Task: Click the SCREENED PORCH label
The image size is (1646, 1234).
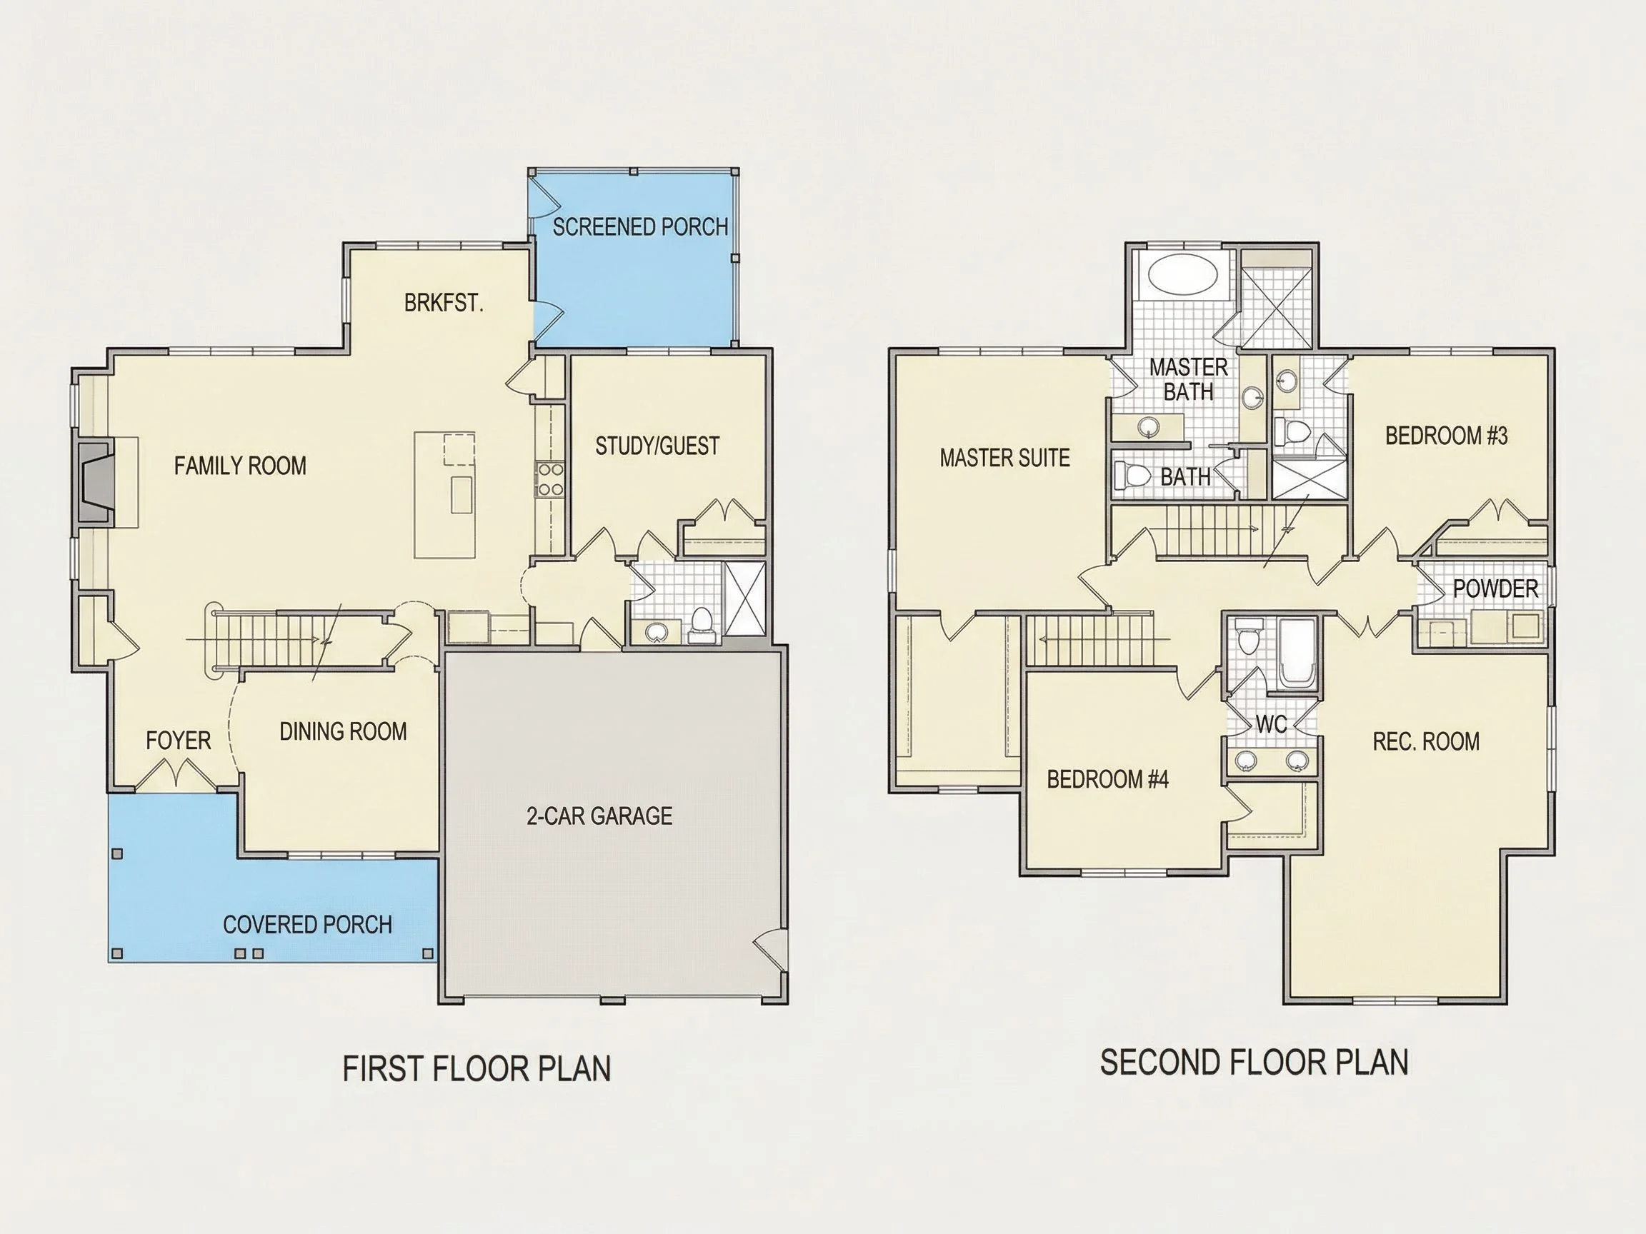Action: (x=640, y=227)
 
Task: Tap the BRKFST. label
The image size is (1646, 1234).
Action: (x=444, y=303)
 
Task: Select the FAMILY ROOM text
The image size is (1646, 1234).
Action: (x=240, y=466)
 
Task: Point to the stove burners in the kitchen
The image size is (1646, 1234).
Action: (x=550, y=479)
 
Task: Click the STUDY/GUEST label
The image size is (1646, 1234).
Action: (x=657, y=446)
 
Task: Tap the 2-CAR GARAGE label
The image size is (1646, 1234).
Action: (x=600, y=816)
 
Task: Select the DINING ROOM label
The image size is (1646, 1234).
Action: (x=343, y=731)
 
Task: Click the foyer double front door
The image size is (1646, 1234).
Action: (x=176, y=773)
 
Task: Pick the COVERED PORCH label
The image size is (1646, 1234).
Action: (x=307, y=925)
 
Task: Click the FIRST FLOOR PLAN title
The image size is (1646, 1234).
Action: (x=477, y=1068)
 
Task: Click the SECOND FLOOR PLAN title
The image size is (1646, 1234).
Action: (x=1254, y=1062)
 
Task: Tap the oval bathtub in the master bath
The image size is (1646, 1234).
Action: (x=1184, y=276)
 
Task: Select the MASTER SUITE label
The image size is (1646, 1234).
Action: (x=1004, y=458)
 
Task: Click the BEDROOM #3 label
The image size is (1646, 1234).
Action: (x=1446, y=435)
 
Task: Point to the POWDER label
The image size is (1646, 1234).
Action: (x=1495, y=588)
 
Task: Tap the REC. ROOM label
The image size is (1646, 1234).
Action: (x=1426, y=741)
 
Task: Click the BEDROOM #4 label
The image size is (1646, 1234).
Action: (x=1107, y=779)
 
